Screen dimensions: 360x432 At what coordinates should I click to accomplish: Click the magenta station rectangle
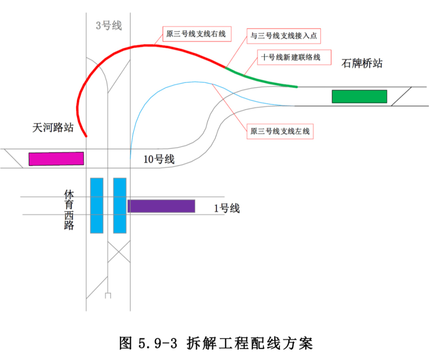click(56, 159)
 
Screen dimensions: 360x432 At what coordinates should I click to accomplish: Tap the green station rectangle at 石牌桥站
click(359, 96)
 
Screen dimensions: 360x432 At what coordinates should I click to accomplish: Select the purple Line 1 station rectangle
click(161, 206)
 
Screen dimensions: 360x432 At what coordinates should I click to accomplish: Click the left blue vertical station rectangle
click(97, 205)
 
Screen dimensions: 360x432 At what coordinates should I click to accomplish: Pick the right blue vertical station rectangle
click(120, 205)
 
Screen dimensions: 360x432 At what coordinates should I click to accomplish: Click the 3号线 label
click(108, 26)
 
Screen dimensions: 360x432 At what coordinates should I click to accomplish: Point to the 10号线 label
click(159, 159)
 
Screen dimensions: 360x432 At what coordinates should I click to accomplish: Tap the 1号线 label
click(226, 208)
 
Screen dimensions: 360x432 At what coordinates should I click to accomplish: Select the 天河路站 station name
click(53, 127)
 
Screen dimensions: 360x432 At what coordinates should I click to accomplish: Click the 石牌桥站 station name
click(362, 63)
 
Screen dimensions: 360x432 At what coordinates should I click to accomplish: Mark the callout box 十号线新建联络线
click(291, 58)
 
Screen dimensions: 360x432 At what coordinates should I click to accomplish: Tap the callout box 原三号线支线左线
click(280, 131)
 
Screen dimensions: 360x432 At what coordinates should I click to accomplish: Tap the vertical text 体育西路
click(69, 210)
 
